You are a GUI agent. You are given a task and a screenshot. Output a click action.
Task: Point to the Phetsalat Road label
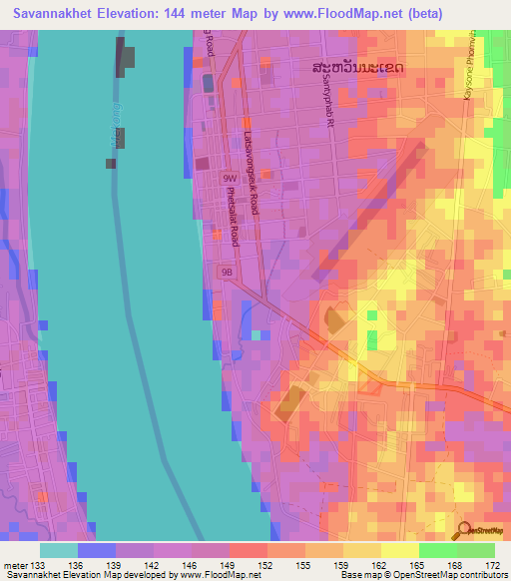[x=232, y=216]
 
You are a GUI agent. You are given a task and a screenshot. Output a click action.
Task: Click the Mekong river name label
[x=113, y=125]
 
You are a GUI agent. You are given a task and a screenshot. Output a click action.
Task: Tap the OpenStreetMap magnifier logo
[x=464, y=531]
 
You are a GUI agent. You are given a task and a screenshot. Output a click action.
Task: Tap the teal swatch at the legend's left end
[x=58, y=550]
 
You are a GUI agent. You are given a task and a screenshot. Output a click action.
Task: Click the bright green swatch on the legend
[x=437, y=550]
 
